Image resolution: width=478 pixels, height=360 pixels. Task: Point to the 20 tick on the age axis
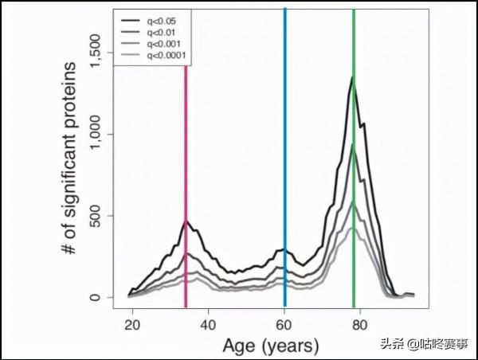coord(132,325)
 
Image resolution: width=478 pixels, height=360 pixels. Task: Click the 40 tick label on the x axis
coord(208,325)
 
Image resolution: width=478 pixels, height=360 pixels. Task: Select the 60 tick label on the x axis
coord(284,325)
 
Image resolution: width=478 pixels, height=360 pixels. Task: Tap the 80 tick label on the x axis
coord(360,325)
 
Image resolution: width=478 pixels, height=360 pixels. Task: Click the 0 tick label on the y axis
coord(95,297)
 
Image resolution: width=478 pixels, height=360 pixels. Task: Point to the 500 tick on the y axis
coord(95,216)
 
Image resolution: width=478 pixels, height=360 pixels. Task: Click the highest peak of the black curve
coord(351,77)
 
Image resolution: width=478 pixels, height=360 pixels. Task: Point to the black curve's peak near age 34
coord(186,221)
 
